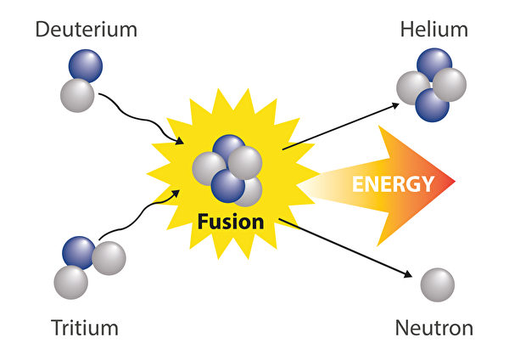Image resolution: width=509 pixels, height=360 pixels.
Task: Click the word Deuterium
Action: [x=85, y=31]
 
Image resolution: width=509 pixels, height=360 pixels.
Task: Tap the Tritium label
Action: [x=84, y=328]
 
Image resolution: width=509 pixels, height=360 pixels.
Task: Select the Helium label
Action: [x=433, y=31]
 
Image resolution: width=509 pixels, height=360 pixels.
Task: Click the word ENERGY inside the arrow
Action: [x=394, y=183]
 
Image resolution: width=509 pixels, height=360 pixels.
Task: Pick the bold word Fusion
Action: [x=231, y=222]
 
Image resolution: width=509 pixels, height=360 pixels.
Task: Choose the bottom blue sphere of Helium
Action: [x=432, y=104]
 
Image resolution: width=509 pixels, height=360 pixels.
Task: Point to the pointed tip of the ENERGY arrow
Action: [x=454, y=183]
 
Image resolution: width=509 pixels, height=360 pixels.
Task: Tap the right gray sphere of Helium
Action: [x=450, y=84]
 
